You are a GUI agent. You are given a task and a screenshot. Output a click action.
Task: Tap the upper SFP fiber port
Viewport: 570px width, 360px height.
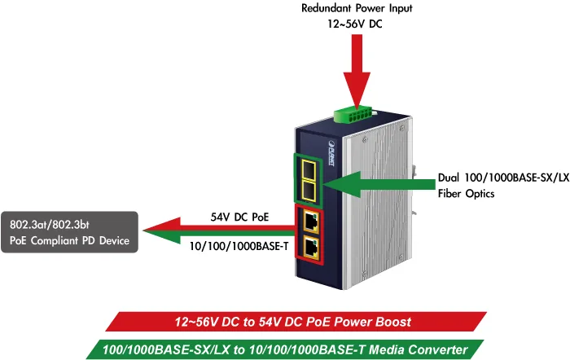pos(309,169)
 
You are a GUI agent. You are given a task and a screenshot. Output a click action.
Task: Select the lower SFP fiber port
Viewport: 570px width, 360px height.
pos(309,191)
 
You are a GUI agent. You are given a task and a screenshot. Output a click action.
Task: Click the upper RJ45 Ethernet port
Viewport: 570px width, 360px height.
pos(311,221)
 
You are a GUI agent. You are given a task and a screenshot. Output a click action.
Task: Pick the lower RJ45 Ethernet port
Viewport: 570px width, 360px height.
pos(311,248)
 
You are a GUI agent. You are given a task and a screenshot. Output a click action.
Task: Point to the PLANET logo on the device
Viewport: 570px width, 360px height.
pos(331,153)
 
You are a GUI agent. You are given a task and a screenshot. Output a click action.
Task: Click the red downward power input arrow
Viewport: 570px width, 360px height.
pos(357,72)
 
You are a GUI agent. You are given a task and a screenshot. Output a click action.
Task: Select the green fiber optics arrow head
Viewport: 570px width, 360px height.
pos(342,184)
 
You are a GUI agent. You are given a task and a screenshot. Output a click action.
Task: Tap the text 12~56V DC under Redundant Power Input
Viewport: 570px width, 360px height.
pos(355,24)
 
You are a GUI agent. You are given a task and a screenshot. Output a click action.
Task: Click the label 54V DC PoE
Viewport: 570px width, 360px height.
pos(239,217)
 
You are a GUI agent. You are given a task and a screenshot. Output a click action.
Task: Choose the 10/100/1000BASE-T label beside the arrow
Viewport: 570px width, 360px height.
pos(239,246)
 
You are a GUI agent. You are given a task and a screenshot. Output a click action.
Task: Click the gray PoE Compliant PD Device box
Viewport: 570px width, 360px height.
pos(69,232)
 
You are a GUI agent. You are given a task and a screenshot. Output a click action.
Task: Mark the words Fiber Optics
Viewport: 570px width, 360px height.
pos(466,194)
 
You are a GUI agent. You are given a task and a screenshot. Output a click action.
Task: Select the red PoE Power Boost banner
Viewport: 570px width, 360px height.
pos(296,322)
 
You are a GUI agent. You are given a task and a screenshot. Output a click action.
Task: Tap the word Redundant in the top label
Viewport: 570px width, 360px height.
pos(327,8)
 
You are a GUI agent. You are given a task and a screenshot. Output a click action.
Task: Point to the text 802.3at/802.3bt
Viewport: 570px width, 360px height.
pos(50,224)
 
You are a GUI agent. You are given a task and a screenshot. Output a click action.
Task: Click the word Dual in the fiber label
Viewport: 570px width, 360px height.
pos(449,178)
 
